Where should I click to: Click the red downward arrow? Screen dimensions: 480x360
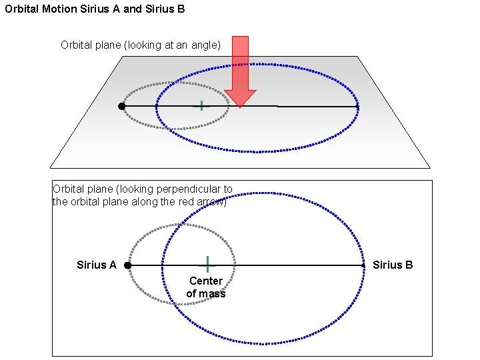pyautogui.click(x=240, y=67)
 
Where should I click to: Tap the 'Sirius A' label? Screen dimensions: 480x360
pyautogui.click(x=96, y=265)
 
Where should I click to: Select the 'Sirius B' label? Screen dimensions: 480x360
pyautogui.click(x=393, y=265)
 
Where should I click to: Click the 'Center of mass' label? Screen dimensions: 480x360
pyautogui.click(x=206, y=287)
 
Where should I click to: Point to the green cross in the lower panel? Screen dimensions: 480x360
pyautogui.click(x=207, y=265)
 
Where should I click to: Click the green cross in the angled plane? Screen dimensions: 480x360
pyautogui.click(x=201, y=105)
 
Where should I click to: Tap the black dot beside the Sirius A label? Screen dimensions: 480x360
pyautogui.click(x=127, y=265)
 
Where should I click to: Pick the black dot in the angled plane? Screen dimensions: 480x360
pyautogui.click(x=121, y=106)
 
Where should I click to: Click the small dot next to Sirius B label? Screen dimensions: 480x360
pyautogui.click(x=363, y=265)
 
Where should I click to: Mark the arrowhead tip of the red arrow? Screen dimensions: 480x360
pyautogui.click(x=240, y=106)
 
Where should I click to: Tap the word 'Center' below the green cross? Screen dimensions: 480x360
pyautogui.click(x=206, y=281)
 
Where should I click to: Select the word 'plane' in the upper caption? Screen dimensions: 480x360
pyautogui.click(x=114, y=45)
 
